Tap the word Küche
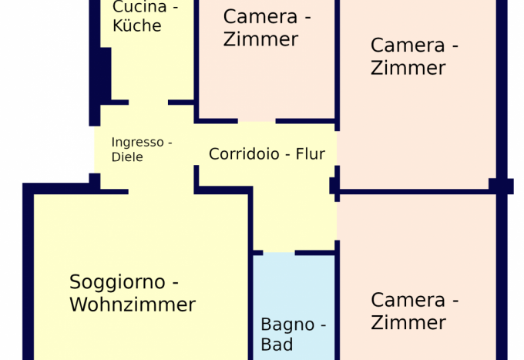coord(136,26)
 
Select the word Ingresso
coord(137,143)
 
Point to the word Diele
coord(127,157)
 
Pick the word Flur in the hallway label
coord(311,154)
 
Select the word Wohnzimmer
coord(133,305)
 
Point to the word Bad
coord(277,345)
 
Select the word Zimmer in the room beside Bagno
coord(408,322)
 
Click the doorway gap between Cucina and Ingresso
coord(148,102)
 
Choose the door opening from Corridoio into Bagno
coord(279,252)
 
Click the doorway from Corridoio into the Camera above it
coord(257,121)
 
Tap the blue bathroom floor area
coord(294,289)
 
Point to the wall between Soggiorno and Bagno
coord(250,308)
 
